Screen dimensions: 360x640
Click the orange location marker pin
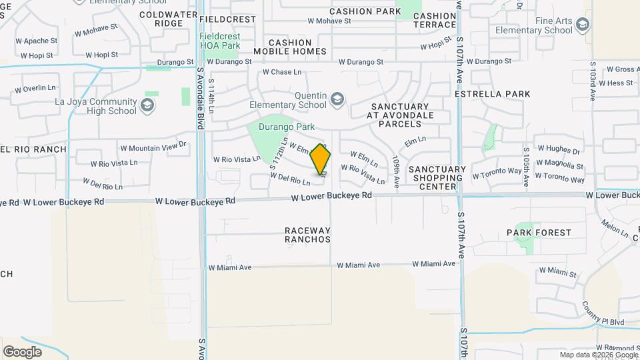click(x=320, y=159)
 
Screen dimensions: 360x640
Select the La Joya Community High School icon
click(x=147, y=106)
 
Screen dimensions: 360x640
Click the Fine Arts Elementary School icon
click(x=583, y=26)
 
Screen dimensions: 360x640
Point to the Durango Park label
click(x=288, y=126)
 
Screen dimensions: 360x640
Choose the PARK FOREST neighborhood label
click(x=539, y=233)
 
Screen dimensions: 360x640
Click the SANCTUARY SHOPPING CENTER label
click(x=437, y=178)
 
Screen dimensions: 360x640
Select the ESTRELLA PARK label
click(x=493, y=94)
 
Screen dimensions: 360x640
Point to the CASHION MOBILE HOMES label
click(x=289, y=47)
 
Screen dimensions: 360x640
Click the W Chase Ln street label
click(x=282, y=72)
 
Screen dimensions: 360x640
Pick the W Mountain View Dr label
click(x=153, y=147)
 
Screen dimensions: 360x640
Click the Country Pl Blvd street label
click(x=602, y=313)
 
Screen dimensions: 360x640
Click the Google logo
click(x=22, y=351)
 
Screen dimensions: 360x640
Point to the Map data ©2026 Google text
click(x=599, y=355)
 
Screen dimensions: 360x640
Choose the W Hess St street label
click(x=615, y=83)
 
